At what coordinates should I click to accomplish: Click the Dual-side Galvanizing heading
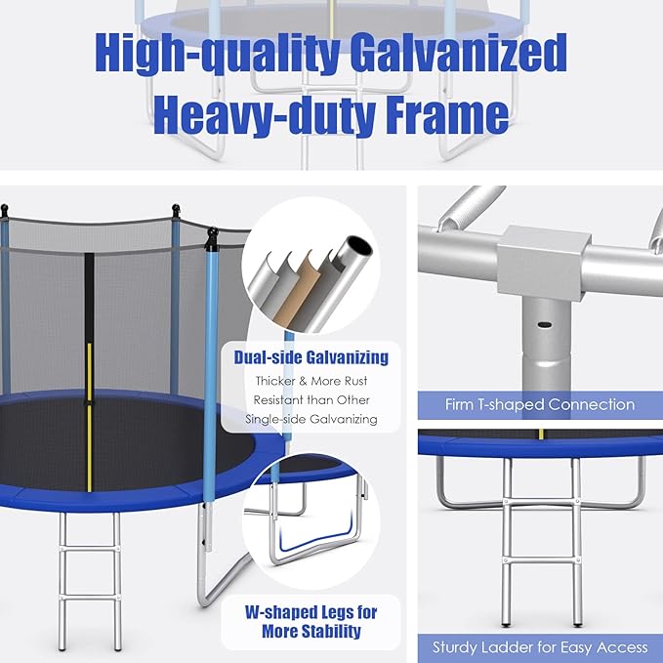(311, 357)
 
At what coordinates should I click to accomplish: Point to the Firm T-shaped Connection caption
(540, 404)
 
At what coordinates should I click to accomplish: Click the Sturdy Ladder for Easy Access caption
(540, 646)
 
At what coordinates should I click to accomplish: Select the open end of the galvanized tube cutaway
(358, 246)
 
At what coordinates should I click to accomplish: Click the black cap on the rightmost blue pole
(212, 236)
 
